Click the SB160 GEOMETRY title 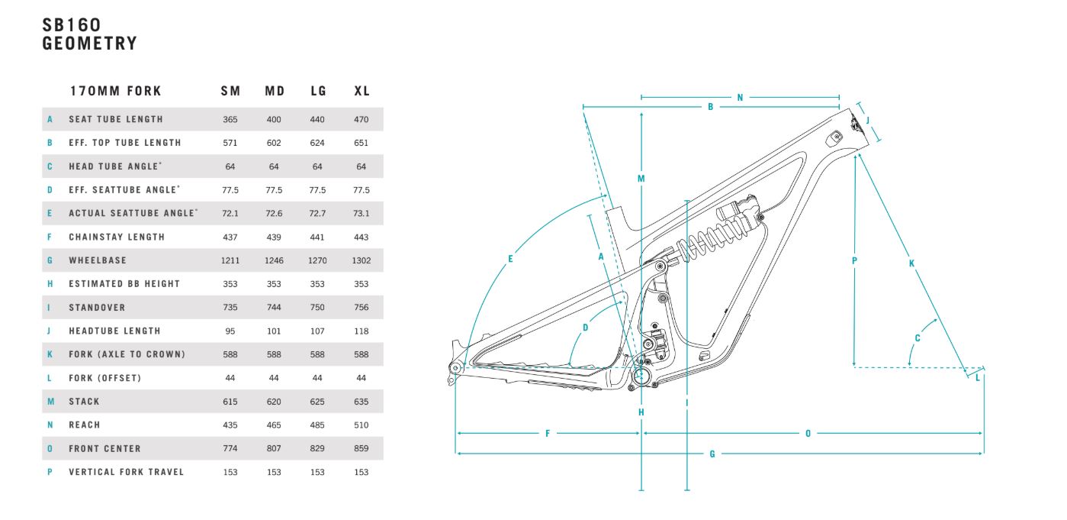pos(90,34)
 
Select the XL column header pos(362,91)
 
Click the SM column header pos(230,91)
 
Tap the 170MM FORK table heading pos(115,91)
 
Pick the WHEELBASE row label pos(98,260)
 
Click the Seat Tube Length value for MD pos(274,120)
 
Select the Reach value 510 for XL pos(362,425)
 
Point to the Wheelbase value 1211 pos(230,260)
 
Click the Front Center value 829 pos(317,449)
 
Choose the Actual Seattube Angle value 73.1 pos(362,214)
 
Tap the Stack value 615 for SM pos(230,402)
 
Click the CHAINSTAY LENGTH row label pos(117,237)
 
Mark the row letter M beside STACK pos(50,402)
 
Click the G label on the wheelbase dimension pos(712,454)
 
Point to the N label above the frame pos(740,98)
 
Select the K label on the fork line pos(911,263)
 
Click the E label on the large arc pos(510,259)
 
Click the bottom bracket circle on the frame pos(641,376)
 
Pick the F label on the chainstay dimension pos(548,434)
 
